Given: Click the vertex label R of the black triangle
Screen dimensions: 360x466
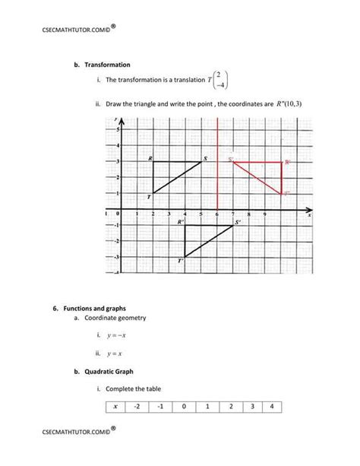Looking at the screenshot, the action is click(x=151, y=158).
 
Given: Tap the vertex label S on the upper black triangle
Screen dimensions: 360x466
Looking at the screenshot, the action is click(x=204, y=158).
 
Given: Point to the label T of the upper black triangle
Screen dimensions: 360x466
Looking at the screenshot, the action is click(x=150, y=197).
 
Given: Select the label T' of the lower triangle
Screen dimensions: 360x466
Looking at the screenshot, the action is click(x=181, y=261).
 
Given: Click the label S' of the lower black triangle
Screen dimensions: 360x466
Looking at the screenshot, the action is click(x=238, y=222).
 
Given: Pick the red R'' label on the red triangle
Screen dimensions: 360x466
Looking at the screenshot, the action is click(x=288, y=162).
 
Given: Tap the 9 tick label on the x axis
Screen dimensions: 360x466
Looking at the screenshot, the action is click(x=265, y=215).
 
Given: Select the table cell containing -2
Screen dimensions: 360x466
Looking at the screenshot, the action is click(x=137, y=406).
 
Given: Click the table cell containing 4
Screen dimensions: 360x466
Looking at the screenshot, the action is click(x=272, y=406).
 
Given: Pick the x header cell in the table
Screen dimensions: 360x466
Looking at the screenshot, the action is click(x=115, y=406).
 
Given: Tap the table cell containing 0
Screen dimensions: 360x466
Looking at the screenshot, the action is click(x=183, y=406).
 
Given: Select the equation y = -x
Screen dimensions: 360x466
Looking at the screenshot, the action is click(x=116, y=335).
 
